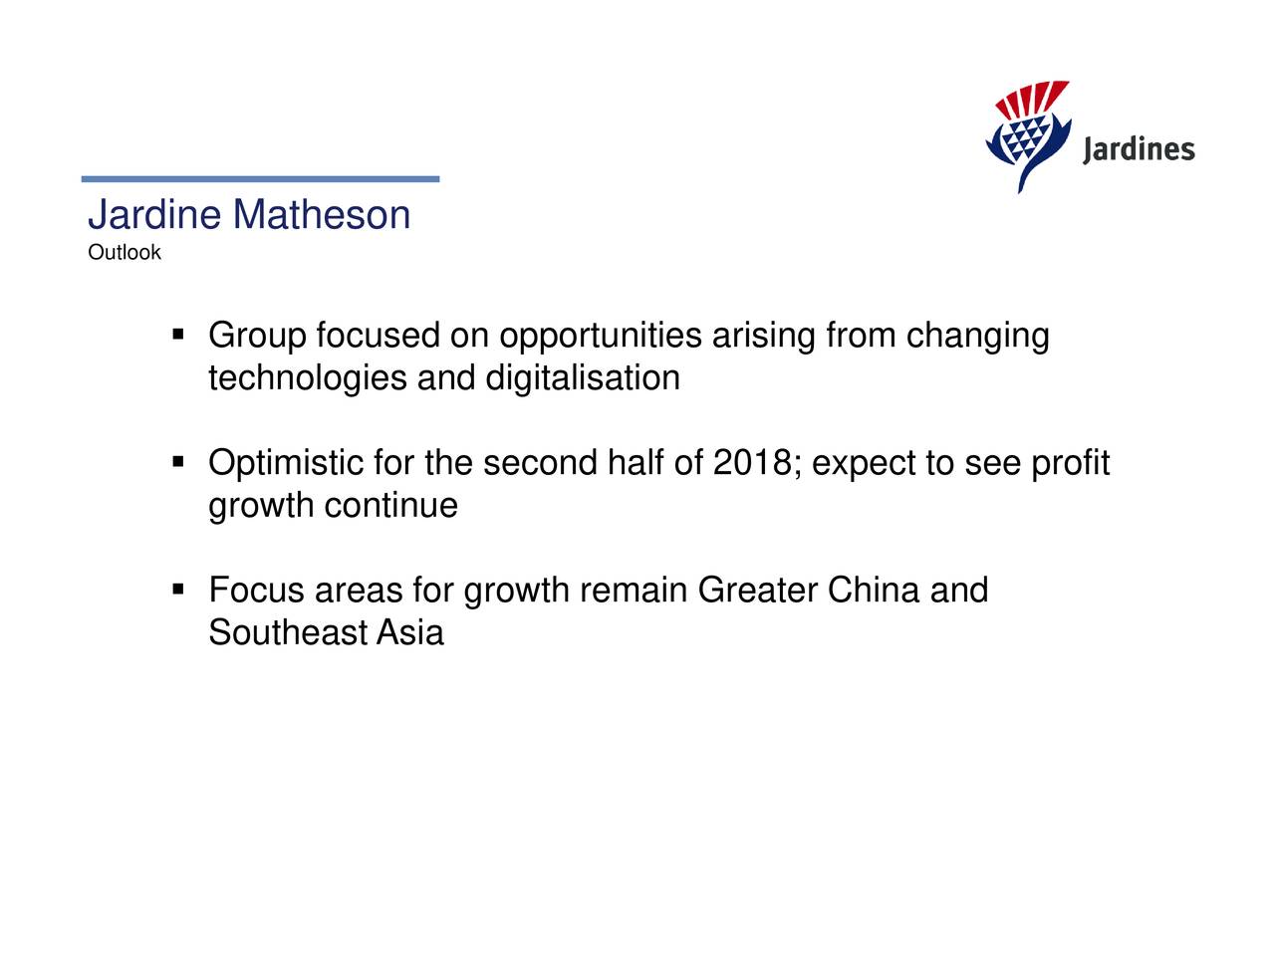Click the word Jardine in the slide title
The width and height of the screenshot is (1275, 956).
tap(154, 215)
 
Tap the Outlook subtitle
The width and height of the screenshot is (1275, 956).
tap(124, 253)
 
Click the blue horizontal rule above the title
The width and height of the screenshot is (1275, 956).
tap(260, 179)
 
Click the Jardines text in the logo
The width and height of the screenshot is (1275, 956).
tap(1138, 149)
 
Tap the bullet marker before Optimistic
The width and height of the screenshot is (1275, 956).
tap(178, 462)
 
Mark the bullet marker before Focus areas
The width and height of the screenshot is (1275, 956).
tap(178, 590)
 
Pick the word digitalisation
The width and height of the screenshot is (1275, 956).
tap(583, 378)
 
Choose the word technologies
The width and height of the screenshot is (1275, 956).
tap(307, 378)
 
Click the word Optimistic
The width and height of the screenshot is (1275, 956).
tap(286, 464)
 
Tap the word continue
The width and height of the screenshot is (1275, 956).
tap(390, 506)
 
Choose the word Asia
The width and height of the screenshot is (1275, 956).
tap(409, 633)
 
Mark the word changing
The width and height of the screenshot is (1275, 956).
tap(977, 337)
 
